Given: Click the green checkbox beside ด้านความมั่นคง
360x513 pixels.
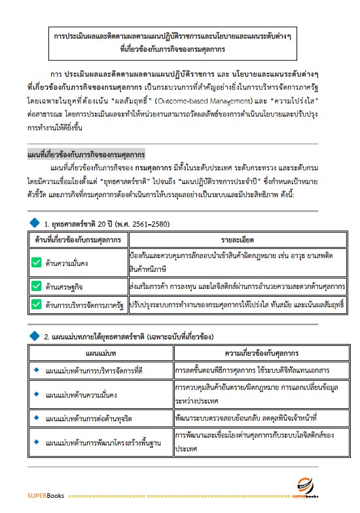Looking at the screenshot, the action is click(x=37, y=263).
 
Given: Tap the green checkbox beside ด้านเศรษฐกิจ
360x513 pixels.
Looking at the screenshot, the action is click(x=37, y=286).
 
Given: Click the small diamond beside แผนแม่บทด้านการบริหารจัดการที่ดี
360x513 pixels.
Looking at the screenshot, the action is click(x=37, y=370).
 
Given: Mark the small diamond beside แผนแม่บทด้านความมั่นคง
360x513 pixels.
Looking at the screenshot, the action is click(x=37, y=395).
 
